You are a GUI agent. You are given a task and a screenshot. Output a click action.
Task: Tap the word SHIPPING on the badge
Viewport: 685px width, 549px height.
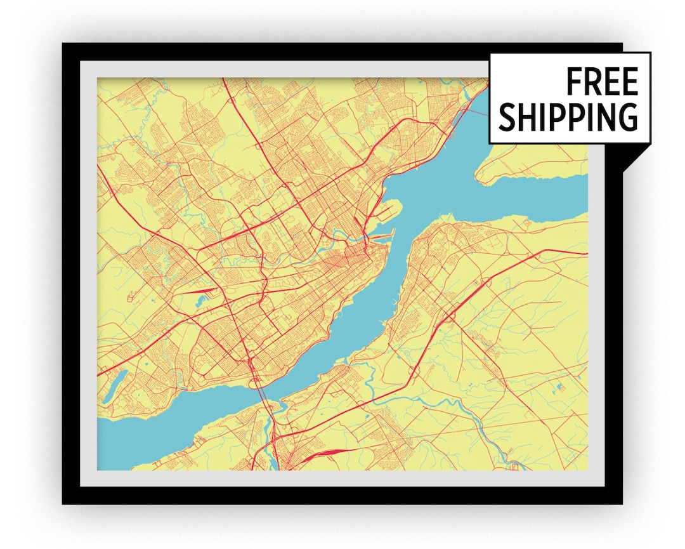point(568,116)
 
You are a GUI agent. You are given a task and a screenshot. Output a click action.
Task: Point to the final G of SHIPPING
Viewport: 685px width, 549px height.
point(627,116)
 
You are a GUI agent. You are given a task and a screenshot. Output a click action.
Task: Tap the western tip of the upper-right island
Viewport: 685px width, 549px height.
point(481,171)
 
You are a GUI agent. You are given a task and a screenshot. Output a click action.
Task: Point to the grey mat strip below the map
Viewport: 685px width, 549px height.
point(342,478)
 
